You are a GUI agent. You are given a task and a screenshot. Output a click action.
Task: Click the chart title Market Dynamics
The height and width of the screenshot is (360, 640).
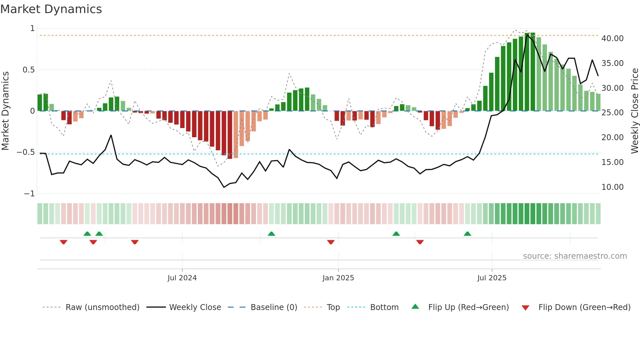point(51,9)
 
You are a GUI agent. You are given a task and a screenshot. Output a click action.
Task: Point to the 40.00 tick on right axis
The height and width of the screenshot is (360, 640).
point(613,39)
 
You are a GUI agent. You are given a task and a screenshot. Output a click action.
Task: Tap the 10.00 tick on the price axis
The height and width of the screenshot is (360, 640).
point(613,187)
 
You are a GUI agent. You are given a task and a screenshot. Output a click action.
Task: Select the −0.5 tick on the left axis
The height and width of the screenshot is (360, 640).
point(25,152)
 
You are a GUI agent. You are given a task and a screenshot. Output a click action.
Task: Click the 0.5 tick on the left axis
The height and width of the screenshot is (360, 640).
point(28,70)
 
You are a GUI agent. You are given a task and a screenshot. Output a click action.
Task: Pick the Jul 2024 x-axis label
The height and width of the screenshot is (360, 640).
point(182,278)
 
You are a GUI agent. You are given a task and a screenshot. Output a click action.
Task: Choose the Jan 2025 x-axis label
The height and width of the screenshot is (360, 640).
point(338,278)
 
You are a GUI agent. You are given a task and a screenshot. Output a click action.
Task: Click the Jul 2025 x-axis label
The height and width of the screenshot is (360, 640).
point(492,278)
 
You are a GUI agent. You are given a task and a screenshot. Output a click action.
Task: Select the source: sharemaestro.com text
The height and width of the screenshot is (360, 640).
point(575,256)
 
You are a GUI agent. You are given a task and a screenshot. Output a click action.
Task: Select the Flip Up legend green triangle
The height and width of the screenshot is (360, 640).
point(415,307)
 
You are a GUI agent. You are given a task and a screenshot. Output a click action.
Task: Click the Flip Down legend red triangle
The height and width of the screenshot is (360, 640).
point(525,308)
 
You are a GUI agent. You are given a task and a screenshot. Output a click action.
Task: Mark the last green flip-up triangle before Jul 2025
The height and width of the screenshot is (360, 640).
point(467,234)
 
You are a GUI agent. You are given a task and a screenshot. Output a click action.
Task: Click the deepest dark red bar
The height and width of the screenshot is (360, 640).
point(230,135)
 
